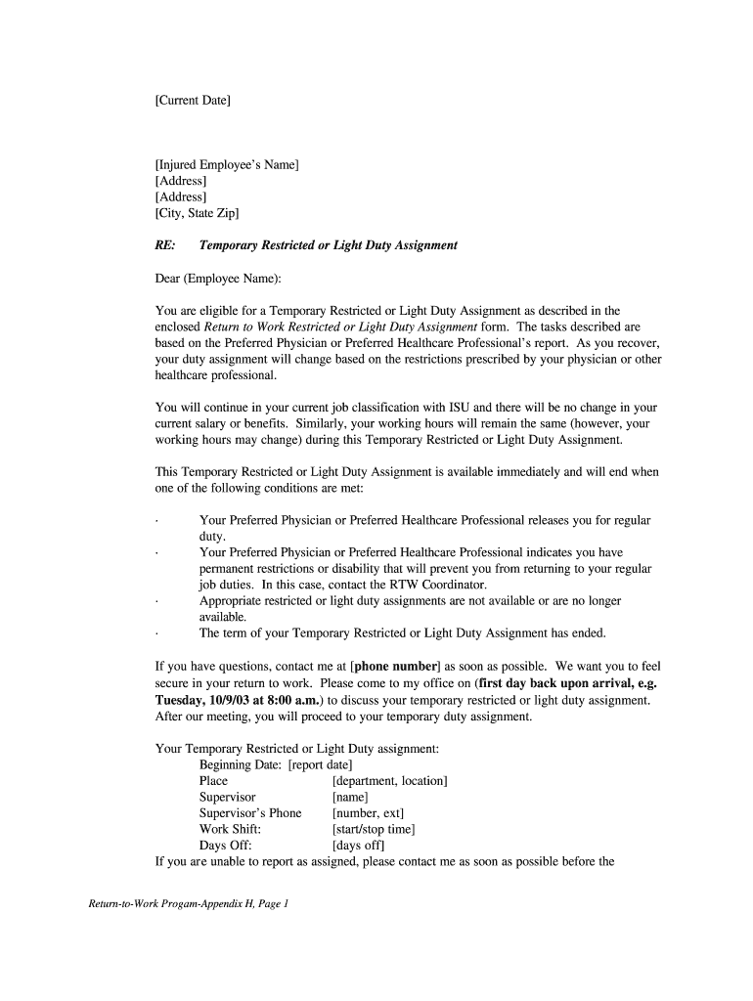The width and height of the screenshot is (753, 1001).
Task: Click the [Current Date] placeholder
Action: click(x=193, y=100)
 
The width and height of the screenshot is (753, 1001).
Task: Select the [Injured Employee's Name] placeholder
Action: click(x=227, y=164)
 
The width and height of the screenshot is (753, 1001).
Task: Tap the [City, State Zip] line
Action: click(x=197, y=212)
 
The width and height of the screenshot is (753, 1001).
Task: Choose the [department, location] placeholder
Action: click(x=389, y=781)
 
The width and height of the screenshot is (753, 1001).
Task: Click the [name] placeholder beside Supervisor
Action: click(x=350, y=798)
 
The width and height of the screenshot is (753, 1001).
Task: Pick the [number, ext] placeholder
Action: click(x=368, y=813)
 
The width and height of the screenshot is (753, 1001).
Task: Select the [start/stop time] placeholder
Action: click(x=374, y=830)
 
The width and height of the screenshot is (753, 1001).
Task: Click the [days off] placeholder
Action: click(x=358, y=846)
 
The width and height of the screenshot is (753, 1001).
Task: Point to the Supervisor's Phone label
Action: click(x=250, y=813)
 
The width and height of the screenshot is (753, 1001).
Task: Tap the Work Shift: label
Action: click(x=230, y=830)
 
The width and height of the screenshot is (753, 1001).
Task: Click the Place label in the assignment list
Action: click(x=213, y=781)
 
